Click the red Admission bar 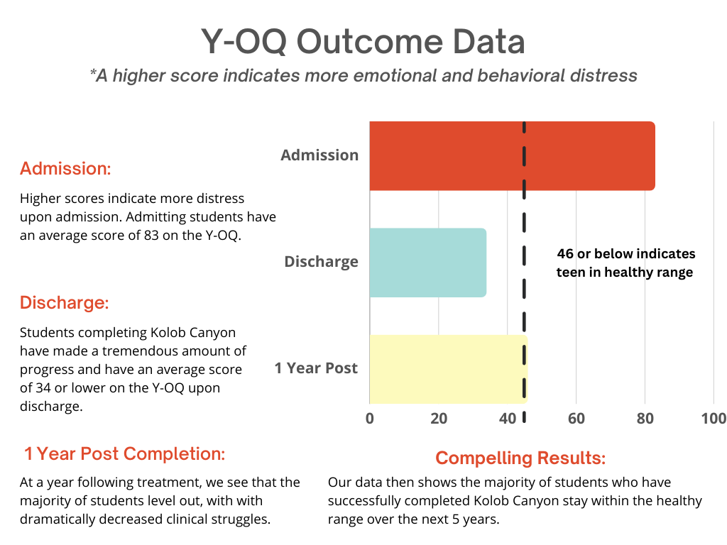coord(513,155)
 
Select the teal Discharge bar coord(428,263)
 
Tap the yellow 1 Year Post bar coord(449,369)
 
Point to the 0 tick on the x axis coord(369,419)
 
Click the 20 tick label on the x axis coord(439,419)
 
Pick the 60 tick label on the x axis coord(576,419)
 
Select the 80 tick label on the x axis coord(645,419)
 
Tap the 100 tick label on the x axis coord(714,419)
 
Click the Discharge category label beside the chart coord(321,262)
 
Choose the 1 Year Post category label coord(316,368)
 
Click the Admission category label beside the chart coord(319,155)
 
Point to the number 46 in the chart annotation coord(565,253)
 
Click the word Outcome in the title coord(369,42)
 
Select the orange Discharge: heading coord(65,302)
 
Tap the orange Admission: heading coord(65,169)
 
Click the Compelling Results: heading coord(520,458)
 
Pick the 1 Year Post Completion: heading coord(124,453)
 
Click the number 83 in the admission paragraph coord(151,236)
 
